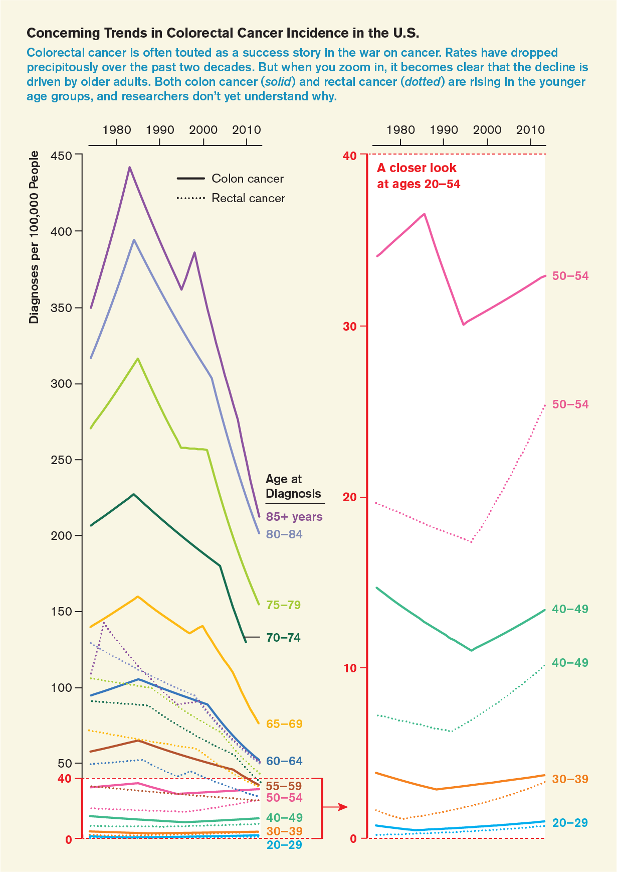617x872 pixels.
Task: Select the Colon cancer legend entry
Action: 230,179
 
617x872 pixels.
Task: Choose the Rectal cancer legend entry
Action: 231,198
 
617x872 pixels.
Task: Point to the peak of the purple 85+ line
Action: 129,168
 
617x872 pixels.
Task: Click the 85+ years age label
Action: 294,517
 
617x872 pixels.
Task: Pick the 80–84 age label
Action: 284,534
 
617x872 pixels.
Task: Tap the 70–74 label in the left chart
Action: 284,638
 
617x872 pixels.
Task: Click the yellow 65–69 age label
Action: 284,724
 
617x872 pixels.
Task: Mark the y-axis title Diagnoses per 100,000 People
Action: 34,237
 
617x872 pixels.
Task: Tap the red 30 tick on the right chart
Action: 349,326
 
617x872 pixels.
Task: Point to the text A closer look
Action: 417,168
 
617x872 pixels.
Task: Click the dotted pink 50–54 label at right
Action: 570,404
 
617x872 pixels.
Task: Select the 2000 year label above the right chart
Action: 487,130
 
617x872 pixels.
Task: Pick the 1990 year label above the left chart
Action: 160,130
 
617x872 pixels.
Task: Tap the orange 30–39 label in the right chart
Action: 570,779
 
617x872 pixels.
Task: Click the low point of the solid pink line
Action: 464,325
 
